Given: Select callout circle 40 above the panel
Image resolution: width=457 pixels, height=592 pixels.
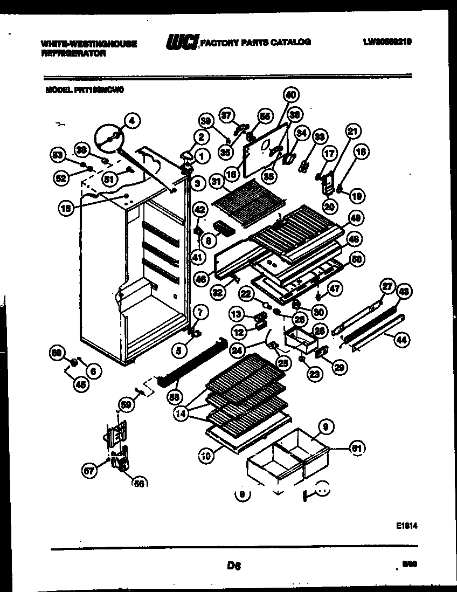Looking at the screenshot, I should coord(291,95).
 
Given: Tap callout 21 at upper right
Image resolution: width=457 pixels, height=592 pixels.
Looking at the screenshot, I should coord(353,131).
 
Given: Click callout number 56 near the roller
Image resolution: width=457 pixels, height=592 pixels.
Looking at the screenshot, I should coord(140,484).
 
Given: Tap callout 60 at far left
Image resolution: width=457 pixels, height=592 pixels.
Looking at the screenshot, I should coord(56,354).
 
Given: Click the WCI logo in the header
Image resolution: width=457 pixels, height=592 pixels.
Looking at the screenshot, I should coord(182,42).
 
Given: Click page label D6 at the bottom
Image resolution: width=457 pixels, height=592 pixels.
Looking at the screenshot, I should coord(233,566).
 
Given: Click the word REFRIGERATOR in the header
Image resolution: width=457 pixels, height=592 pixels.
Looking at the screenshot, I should coord(73,53).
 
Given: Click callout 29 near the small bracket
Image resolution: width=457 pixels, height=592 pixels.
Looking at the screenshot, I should coord(339,368).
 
